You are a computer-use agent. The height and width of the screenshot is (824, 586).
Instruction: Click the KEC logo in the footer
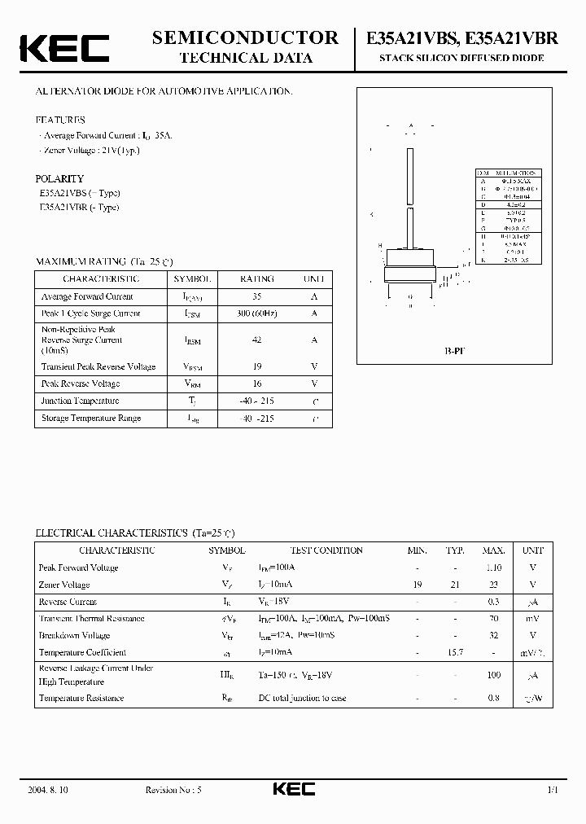tap(293, 789)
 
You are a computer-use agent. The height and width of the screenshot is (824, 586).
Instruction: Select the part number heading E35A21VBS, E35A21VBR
tap(461, 37)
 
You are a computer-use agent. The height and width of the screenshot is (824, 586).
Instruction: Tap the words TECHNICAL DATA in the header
tap(245, 57)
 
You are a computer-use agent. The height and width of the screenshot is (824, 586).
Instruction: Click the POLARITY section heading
tap(59, 178)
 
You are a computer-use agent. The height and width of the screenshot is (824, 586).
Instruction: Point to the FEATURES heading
tap(60, 120)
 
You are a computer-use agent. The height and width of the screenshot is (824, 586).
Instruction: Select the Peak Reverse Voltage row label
tap(81, 384)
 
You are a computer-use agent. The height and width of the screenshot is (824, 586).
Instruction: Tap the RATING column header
tap(257, 278)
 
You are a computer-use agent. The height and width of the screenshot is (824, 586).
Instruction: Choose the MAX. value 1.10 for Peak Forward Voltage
tap(493, 568)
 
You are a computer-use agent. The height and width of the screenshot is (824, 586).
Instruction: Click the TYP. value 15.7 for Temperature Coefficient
tap(455, 652)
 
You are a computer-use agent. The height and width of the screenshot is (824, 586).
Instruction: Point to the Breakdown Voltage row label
tap(74, 635)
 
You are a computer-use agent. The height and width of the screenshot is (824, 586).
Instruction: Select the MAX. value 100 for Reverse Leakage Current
tap(493, 675)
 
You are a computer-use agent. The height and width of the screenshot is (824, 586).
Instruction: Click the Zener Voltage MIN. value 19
tap(417, 585)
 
